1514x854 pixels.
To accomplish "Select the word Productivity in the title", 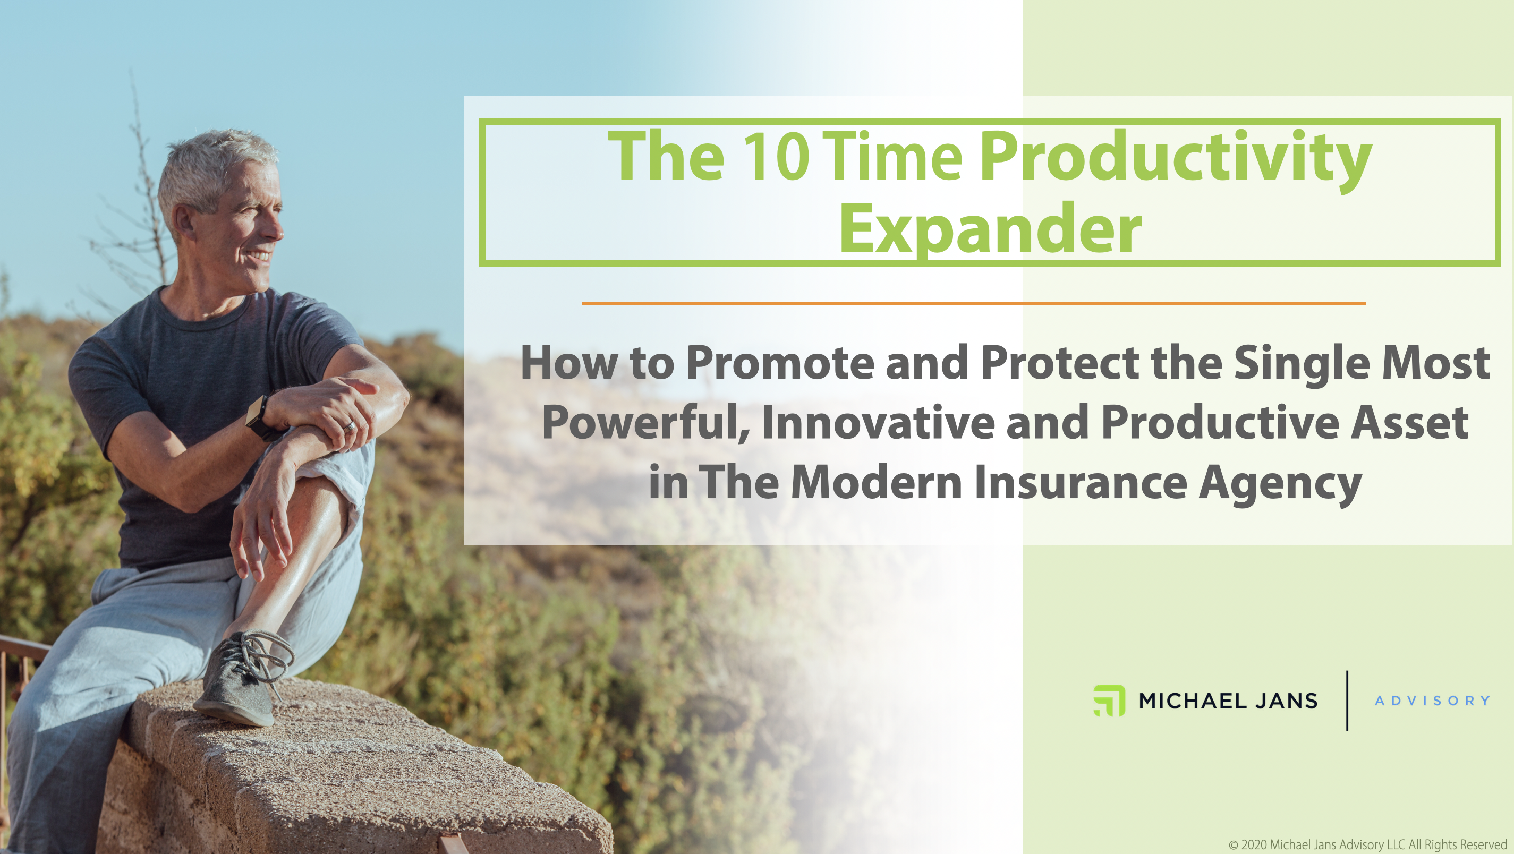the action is click(x=1176, y=160).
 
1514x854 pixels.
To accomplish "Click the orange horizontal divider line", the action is click(x=974, y=303).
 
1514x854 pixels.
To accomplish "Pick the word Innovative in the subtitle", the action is click(x=878, y=422).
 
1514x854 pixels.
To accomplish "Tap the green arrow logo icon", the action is click(x=1109, y=701).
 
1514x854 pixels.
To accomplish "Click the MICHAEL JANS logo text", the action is click(x=1228, y=701).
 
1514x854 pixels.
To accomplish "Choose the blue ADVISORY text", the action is click(x=1432, y=701).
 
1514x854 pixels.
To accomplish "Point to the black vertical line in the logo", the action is click(x=1347, y=700).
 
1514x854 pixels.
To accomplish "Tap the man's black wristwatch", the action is click(x=261, y=418).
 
